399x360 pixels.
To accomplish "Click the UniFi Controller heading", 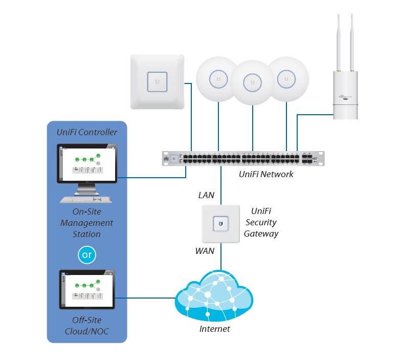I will [x=86, y=132].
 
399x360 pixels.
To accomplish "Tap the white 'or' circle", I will [x=86, y=255].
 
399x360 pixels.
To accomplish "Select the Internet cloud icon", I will [x=214, y=297].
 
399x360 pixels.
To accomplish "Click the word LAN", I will [x=206, y=195].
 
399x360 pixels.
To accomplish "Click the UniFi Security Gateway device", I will [x=221, y=224].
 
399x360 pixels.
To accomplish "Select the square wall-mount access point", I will [x=157, y=81].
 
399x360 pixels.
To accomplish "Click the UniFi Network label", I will [x=266, y=174].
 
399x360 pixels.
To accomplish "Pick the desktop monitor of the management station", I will [x=86, y=164].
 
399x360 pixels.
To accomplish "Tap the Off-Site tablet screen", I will [x=86, y=290].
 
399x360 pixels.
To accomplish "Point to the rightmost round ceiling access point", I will [x=286, y=78].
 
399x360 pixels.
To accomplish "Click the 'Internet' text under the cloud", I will [x=214, y=329].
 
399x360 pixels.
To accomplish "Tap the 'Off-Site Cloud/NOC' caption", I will [x=86, y=326].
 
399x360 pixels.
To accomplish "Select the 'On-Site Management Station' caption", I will [x=86, y=223].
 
